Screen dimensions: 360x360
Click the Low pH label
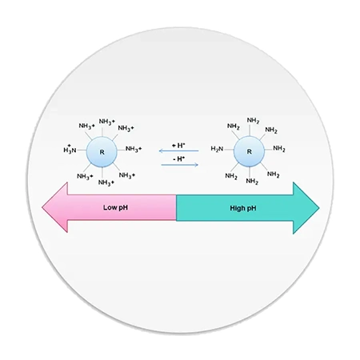(115, 207)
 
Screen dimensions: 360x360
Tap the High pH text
(243, 208)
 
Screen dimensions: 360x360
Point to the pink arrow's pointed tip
(42, 207)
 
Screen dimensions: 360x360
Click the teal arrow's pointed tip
(319, 208)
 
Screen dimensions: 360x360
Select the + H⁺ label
(178, 146)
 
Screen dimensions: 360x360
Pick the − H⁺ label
(179, 159)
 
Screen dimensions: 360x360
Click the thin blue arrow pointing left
(178, 151)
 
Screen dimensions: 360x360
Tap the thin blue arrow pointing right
(180, 165)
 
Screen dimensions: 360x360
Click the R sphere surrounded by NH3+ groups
(102, 152)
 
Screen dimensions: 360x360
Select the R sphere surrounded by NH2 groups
(249, 151)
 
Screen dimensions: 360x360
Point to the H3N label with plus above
(70, 150)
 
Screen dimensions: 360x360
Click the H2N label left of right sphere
(217, 149)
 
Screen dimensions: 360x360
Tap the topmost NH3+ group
(107, 122)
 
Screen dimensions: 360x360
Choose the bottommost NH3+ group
(106, 182)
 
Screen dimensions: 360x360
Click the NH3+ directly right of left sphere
(134, 149)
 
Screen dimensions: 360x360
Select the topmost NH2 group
(253, 121)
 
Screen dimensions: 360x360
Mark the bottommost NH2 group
(252, 182)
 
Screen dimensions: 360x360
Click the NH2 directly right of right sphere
(279, 149)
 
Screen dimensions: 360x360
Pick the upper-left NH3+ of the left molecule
(86, 126)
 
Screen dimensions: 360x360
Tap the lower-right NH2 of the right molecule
(273, 174)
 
